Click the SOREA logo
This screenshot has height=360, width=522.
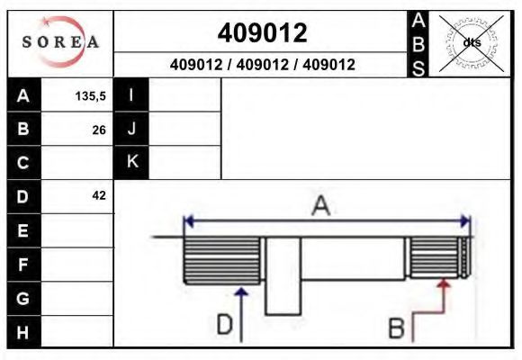click(59, 42)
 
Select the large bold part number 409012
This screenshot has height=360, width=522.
click(262, 32)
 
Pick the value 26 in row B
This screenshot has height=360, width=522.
click(99, 130)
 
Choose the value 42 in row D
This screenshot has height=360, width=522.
click(99, 195)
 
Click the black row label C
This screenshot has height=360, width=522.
click(23, 163)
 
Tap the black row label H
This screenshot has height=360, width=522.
click(23, 331)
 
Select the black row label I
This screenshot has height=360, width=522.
click(131, 95)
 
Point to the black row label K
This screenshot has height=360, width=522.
click(131, 162)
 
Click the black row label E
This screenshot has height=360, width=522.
click(23, 230)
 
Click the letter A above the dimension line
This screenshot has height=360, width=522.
click(320, 206)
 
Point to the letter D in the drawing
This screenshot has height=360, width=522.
click(224, 325)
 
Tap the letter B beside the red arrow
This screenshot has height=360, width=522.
click(395, 328)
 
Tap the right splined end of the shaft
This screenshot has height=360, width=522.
click(437, 258)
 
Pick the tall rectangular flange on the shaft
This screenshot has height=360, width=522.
click(282, 275)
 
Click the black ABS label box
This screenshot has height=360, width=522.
click(418, 42)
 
